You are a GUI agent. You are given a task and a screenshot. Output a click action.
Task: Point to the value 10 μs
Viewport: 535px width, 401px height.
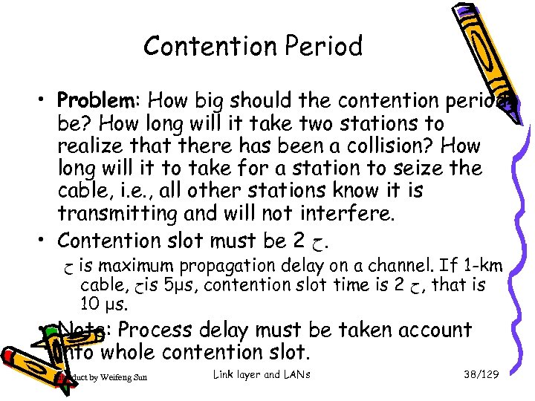click(104, 304)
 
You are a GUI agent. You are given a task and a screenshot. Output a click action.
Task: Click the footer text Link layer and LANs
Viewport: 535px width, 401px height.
click(261, 374)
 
